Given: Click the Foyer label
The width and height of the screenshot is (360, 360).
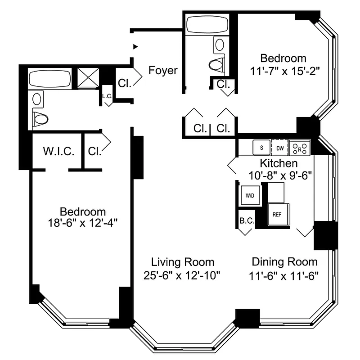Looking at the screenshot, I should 163,71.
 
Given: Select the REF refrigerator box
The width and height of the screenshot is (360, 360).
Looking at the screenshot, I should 277,214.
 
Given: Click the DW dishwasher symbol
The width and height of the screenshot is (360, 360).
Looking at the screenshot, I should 279,148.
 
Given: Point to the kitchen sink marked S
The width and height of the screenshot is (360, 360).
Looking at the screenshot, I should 261,147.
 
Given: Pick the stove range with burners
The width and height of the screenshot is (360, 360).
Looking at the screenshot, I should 300,147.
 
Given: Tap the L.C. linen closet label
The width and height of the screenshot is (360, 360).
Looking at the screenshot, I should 107,96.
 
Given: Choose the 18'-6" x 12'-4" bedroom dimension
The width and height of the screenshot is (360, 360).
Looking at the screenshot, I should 83,222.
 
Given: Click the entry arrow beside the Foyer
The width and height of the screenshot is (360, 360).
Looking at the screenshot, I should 135,46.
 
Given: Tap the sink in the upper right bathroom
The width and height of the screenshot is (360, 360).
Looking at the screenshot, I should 220,44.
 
